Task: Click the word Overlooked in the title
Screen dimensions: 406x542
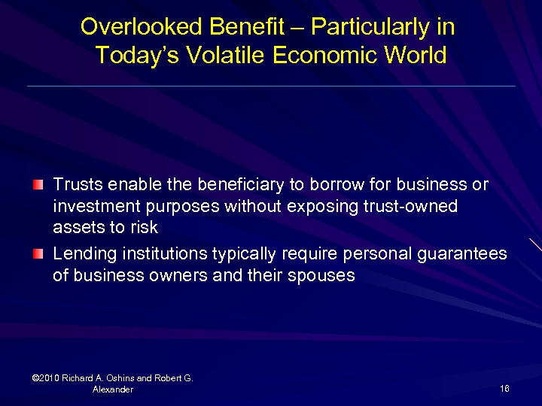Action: point(142,27)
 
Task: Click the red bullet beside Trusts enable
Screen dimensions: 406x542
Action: point(38,184)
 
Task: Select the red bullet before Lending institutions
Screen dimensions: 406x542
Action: point(38,254)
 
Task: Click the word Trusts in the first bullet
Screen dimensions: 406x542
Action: point(78,185)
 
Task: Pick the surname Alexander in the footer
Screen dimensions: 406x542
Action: point(112,389)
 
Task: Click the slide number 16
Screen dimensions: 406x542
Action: point(504,389)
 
